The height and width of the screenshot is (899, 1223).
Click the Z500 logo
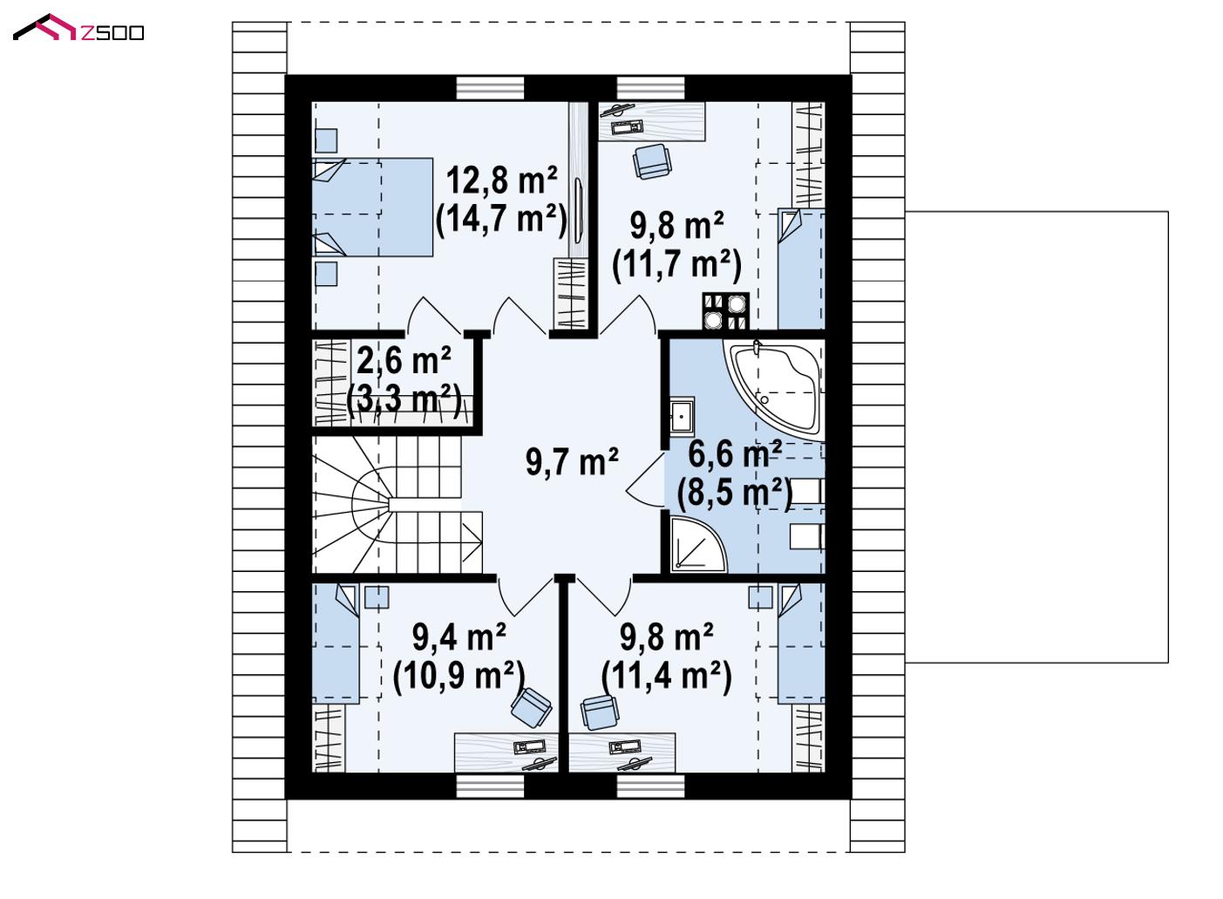tap(78, 29)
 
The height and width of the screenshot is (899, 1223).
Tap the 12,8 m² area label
tap(502, 180)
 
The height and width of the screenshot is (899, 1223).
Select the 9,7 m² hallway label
tap(572, 461)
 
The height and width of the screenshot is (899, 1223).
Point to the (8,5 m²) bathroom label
tap(734, 494)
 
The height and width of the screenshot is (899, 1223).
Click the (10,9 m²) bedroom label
tap(459, 676)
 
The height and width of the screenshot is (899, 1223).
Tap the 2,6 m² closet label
tap(404, 361)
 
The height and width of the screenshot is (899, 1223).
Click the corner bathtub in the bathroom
tap(774, 390)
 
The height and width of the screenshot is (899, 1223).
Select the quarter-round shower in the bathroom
tap(697, 544)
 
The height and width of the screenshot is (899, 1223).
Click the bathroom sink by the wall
tap(682, 417)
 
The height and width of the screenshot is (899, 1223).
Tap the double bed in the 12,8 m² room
tap(372, 208)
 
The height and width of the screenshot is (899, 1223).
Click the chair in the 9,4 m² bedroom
tap(531, 707)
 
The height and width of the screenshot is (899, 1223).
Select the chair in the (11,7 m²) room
tap(651, 161)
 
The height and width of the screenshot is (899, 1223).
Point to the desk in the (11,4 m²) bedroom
tap(622, 753)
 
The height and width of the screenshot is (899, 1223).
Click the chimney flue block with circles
tap(725, 311)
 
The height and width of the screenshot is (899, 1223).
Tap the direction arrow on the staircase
tap(472, 542)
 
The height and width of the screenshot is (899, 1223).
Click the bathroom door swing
tap(645, 480)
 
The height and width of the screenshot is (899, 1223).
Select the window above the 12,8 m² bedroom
tap(490, 88)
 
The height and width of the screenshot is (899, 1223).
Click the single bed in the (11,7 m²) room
tap(801, 269)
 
